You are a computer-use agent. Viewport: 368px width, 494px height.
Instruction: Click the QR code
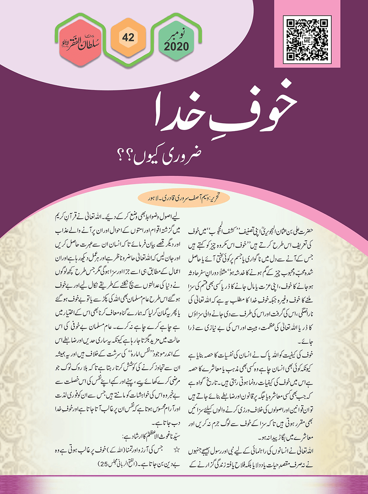307,39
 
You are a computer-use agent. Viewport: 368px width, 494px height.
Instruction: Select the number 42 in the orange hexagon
128,37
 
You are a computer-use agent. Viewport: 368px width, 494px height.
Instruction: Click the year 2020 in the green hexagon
176,46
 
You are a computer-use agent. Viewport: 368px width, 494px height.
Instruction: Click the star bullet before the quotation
176,449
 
